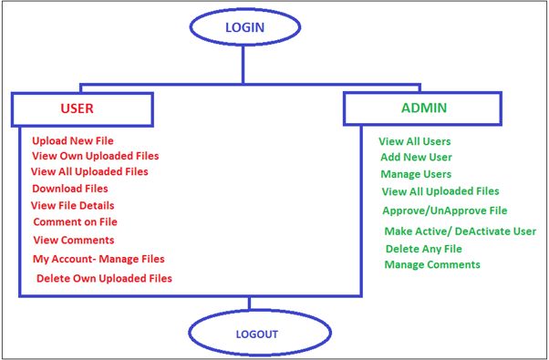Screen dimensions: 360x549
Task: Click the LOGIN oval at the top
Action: [x=244, y=27]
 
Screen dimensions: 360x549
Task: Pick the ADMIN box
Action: [x=422, y=108]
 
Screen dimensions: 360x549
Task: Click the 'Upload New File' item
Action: [x=74, y=141]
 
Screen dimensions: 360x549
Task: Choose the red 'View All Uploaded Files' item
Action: [x=88, y=171]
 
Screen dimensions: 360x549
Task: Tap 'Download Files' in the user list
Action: [x=70, y=189]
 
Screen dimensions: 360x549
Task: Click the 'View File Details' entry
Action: [x=72, y=205]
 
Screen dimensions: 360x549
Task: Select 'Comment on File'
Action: [x=75, y=221]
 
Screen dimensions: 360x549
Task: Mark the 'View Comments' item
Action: [x=73, y=240]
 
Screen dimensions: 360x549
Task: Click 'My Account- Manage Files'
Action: [x=98, y=259]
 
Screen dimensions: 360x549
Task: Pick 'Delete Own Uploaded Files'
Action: [x=104, y=278]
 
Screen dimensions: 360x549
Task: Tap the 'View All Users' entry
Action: [x=416, y=141]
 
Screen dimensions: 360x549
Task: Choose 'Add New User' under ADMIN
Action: [x=416, y=157]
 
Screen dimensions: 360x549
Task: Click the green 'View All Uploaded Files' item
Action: [x=440, y=191]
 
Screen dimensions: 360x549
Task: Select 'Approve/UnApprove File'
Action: [x=444, y=211]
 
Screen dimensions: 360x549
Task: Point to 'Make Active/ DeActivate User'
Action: [x=460, y=231]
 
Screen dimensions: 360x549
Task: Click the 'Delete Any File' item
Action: [x=423, y=249]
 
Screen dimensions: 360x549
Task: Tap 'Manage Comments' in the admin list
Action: [x=431, y=264]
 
